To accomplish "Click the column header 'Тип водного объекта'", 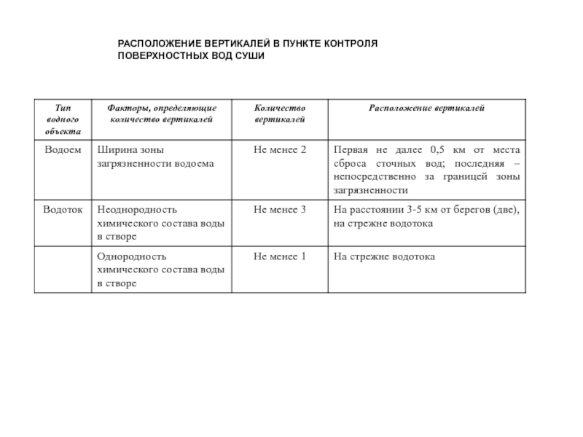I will click(x=62, y=119).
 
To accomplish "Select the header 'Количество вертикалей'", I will click(x=280, y=114).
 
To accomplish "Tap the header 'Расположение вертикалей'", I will click(x=426, y=109).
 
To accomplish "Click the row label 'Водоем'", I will click(x=62, y=149).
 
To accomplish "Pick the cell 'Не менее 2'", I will click(x=280, y=149).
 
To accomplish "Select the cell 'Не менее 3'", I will click(x=280, y=210).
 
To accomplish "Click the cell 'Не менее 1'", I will click(x=280, y=256).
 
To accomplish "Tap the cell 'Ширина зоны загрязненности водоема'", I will click(x=156, y=157).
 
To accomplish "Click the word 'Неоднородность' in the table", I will click(x=138, y=210).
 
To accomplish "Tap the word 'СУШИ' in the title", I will click(x=249, y=55).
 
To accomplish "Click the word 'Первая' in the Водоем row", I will click(x=350, y=149).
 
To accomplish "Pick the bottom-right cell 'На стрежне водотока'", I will click(x=384, y=256).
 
